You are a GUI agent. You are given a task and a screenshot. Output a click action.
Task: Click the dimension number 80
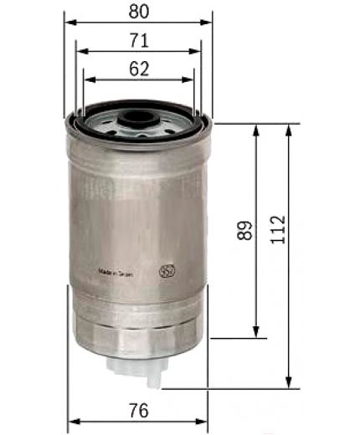(x=139, y=13)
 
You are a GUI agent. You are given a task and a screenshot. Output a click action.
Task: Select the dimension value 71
(x=139, y=40)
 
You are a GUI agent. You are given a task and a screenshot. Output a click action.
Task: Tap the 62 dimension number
(x=139, y=69)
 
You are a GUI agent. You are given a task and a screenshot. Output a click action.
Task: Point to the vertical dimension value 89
(x=244, y=231)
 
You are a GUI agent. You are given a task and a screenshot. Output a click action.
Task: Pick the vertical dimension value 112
(x=278, y=227)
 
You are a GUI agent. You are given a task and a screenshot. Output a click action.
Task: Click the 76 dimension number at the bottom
(x=139, y=411)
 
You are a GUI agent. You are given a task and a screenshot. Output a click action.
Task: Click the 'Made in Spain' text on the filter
(x=116, y=273)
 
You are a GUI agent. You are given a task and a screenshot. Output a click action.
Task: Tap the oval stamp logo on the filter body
(x=167, y=272)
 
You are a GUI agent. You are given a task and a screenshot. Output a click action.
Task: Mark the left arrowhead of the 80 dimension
(x=69, y=25)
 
